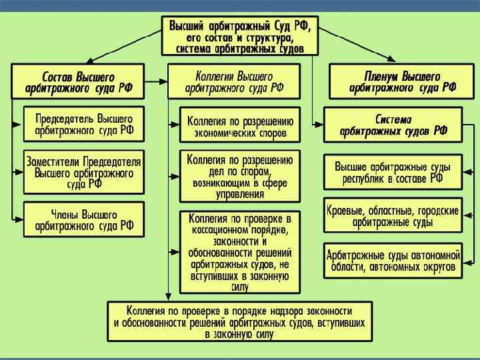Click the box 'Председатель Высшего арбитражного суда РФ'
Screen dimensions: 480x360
pyautogui.click(x=83, y=123)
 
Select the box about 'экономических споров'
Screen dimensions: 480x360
pyautogui.click(x=240, y=127)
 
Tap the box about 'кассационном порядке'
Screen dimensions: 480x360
pyautogui.click(x=240, y=252)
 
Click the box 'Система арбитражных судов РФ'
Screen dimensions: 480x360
pyautogui.click(x=393, y=125)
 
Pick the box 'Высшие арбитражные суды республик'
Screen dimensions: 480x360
pyautogui.click(x=393, y=172)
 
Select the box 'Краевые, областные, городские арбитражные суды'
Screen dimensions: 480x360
pyautogui.click(x=393, y=215)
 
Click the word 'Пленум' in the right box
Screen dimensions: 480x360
pyautogui.click(x=383, y=74)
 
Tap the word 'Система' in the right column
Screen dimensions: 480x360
pyautogui.click(x=393, y=119)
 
